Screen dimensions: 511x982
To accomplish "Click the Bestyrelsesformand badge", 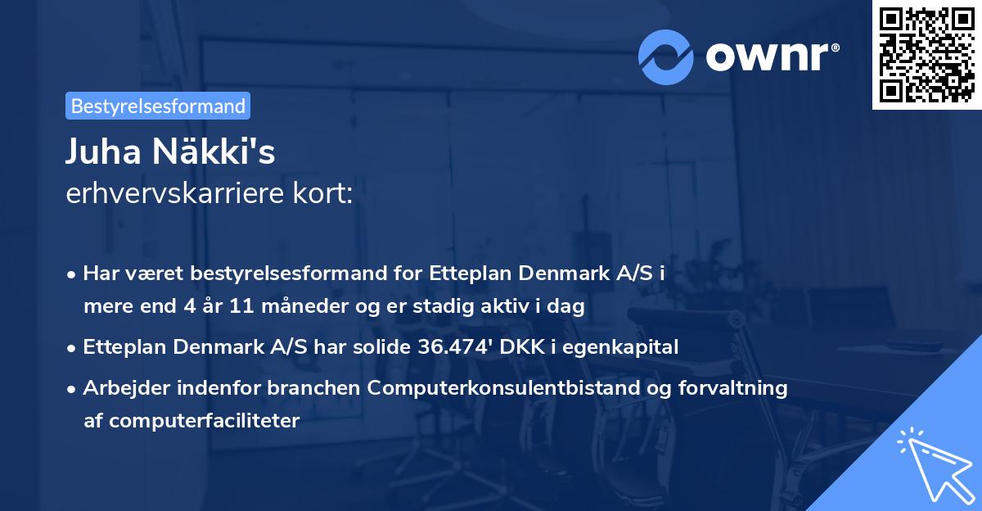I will point(158,106).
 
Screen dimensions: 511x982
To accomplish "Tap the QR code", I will point(926,54).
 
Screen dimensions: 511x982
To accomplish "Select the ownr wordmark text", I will point(769,56).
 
